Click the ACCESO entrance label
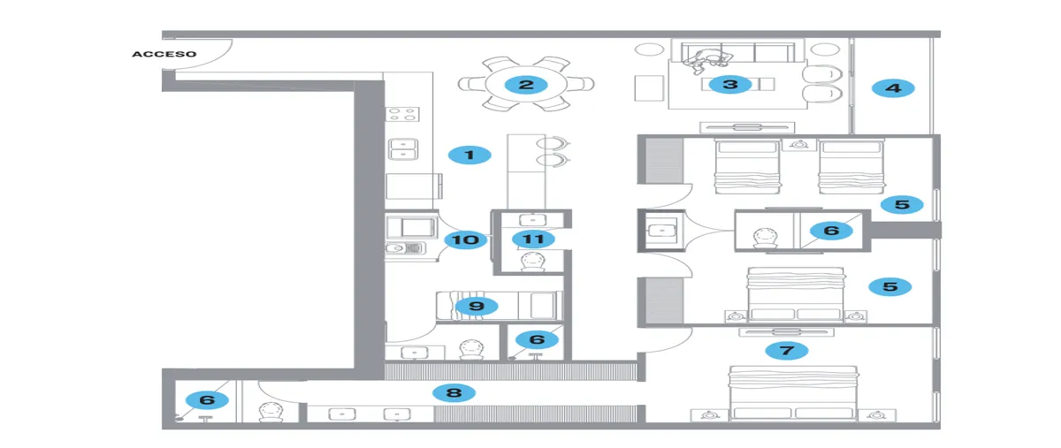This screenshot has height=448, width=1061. point(164,54)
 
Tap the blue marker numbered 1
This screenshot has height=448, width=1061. point(469,155)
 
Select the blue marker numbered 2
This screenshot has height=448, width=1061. point(526,85)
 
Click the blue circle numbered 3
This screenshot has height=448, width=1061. point(730,85)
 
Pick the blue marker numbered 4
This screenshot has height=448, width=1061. point(893,88)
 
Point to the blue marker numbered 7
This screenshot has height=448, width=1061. point(787,351)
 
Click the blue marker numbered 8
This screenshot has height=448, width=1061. point(454,392)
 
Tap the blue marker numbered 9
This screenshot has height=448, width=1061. point(477,306)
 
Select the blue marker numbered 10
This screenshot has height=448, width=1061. point(466,239)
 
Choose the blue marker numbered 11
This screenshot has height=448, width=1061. point(533,239)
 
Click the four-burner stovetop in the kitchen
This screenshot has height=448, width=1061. point(402,114)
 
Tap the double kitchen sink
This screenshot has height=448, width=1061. point(403,148)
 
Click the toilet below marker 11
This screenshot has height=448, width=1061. point(533,262)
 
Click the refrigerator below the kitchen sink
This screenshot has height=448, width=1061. point(414,186)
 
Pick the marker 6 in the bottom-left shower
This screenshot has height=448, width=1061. point(207,400)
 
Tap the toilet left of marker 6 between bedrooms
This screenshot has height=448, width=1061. point(766,239)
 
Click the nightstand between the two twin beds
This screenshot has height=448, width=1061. point(799,144)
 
